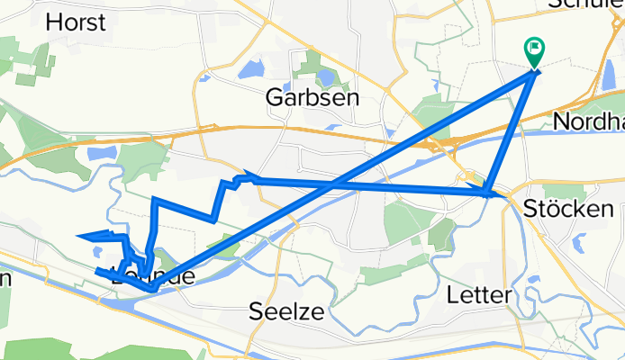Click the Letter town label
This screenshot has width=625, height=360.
479,294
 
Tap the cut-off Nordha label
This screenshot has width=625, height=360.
589,121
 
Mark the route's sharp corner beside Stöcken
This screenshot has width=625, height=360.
487,192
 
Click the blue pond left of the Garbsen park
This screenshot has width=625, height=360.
252,68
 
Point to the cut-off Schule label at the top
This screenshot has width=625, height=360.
585,4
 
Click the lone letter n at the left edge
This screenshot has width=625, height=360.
5,277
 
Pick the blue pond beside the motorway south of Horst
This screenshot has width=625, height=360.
101,154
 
